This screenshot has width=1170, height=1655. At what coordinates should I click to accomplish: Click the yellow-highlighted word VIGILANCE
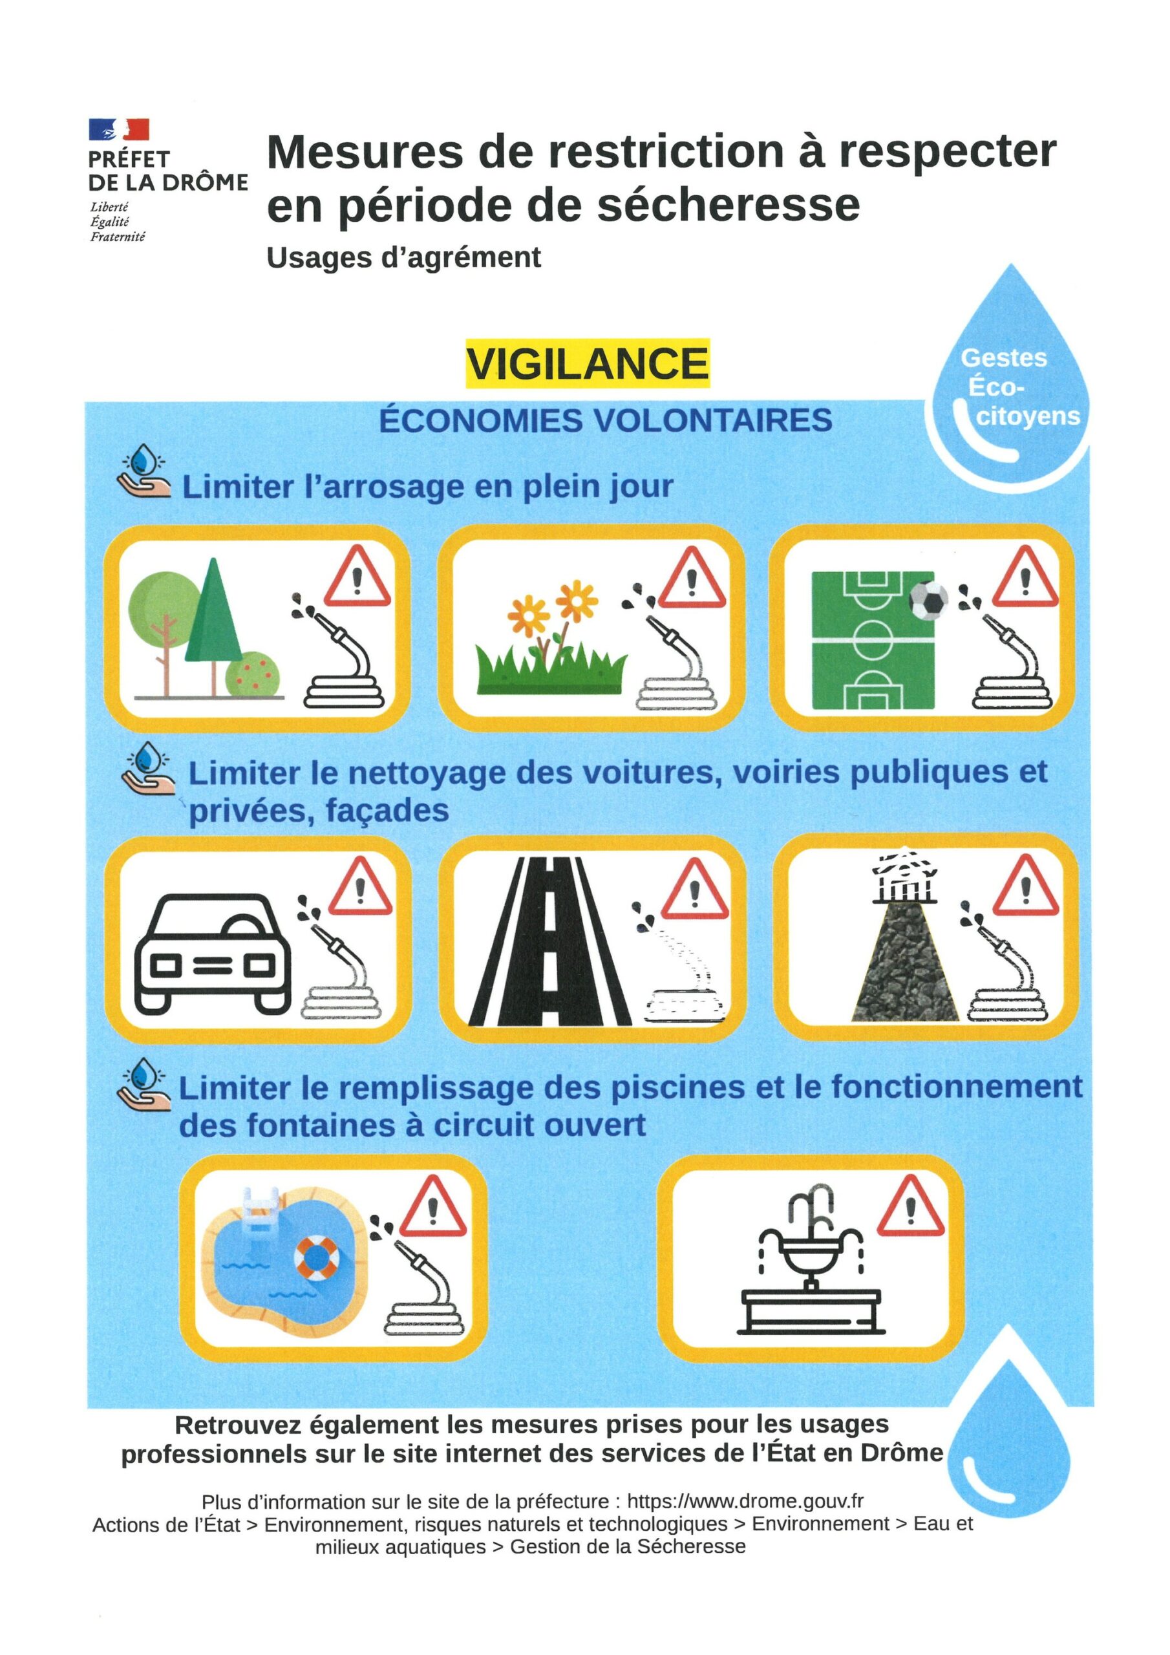587,363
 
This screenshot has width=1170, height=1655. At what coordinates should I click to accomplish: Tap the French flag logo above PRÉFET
119,130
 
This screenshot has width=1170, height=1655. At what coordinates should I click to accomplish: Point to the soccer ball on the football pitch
928,601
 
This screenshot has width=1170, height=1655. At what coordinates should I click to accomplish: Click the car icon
213,954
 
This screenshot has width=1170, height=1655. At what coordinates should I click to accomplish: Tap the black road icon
549,942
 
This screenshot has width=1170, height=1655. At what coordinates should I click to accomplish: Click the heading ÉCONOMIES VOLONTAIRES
606,420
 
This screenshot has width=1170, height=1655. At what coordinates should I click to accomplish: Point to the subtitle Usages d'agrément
404,257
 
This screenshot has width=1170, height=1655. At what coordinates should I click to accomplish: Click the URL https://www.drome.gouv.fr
745,1502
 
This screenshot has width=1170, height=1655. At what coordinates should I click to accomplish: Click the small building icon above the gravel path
905,878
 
